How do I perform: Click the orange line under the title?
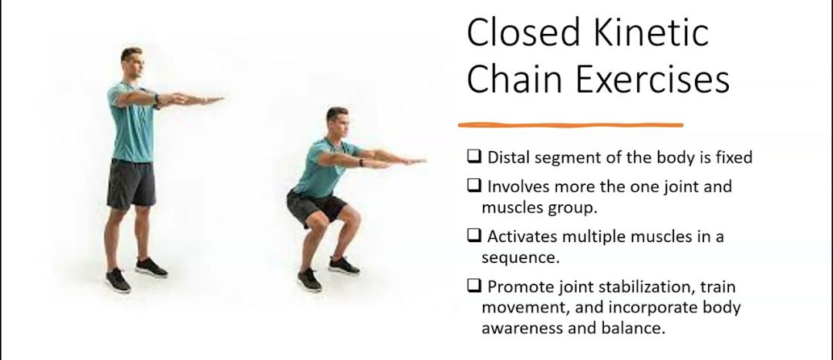(x=570, y=124)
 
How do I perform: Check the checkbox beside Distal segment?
(x=474, y=157)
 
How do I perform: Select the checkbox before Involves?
(x=474, y=187)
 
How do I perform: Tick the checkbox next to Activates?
(x=474, y=237)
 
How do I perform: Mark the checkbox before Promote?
(x=474, y=287)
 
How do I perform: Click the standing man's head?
(x=132, y=61)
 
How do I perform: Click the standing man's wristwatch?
(x=157, y=99)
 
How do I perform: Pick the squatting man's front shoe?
(x=309, y=280)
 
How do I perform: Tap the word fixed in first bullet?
(x=734, y=157)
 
